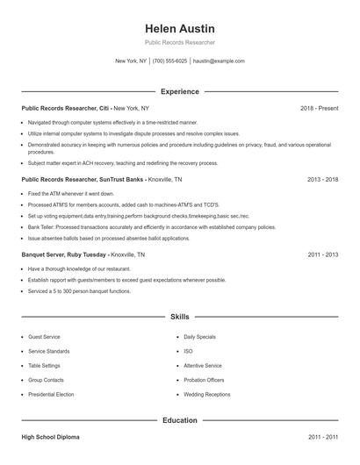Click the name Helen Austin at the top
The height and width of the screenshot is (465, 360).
click(179, 28)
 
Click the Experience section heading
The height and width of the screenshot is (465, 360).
click(179, 91)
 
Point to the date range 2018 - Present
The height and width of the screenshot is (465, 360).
click(319, 108)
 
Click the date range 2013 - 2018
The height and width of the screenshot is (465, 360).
click(322, 179)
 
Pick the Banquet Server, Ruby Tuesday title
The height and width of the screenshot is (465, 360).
click(64, 254)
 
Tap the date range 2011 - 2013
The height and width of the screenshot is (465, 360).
click(322, 254)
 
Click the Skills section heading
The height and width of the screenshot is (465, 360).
click(179, 316)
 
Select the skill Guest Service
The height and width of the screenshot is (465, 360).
click(45, 337)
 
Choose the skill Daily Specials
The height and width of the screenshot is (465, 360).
click(201, 337)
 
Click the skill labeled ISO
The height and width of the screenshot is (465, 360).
click(189, 351)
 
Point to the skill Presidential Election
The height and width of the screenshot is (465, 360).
click(52, 394)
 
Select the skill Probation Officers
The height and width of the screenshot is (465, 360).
click(204, 380)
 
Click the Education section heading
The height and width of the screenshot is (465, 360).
click(179, 420)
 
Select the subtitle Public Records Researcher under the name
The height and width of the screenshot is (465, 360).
click(179, 42)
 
